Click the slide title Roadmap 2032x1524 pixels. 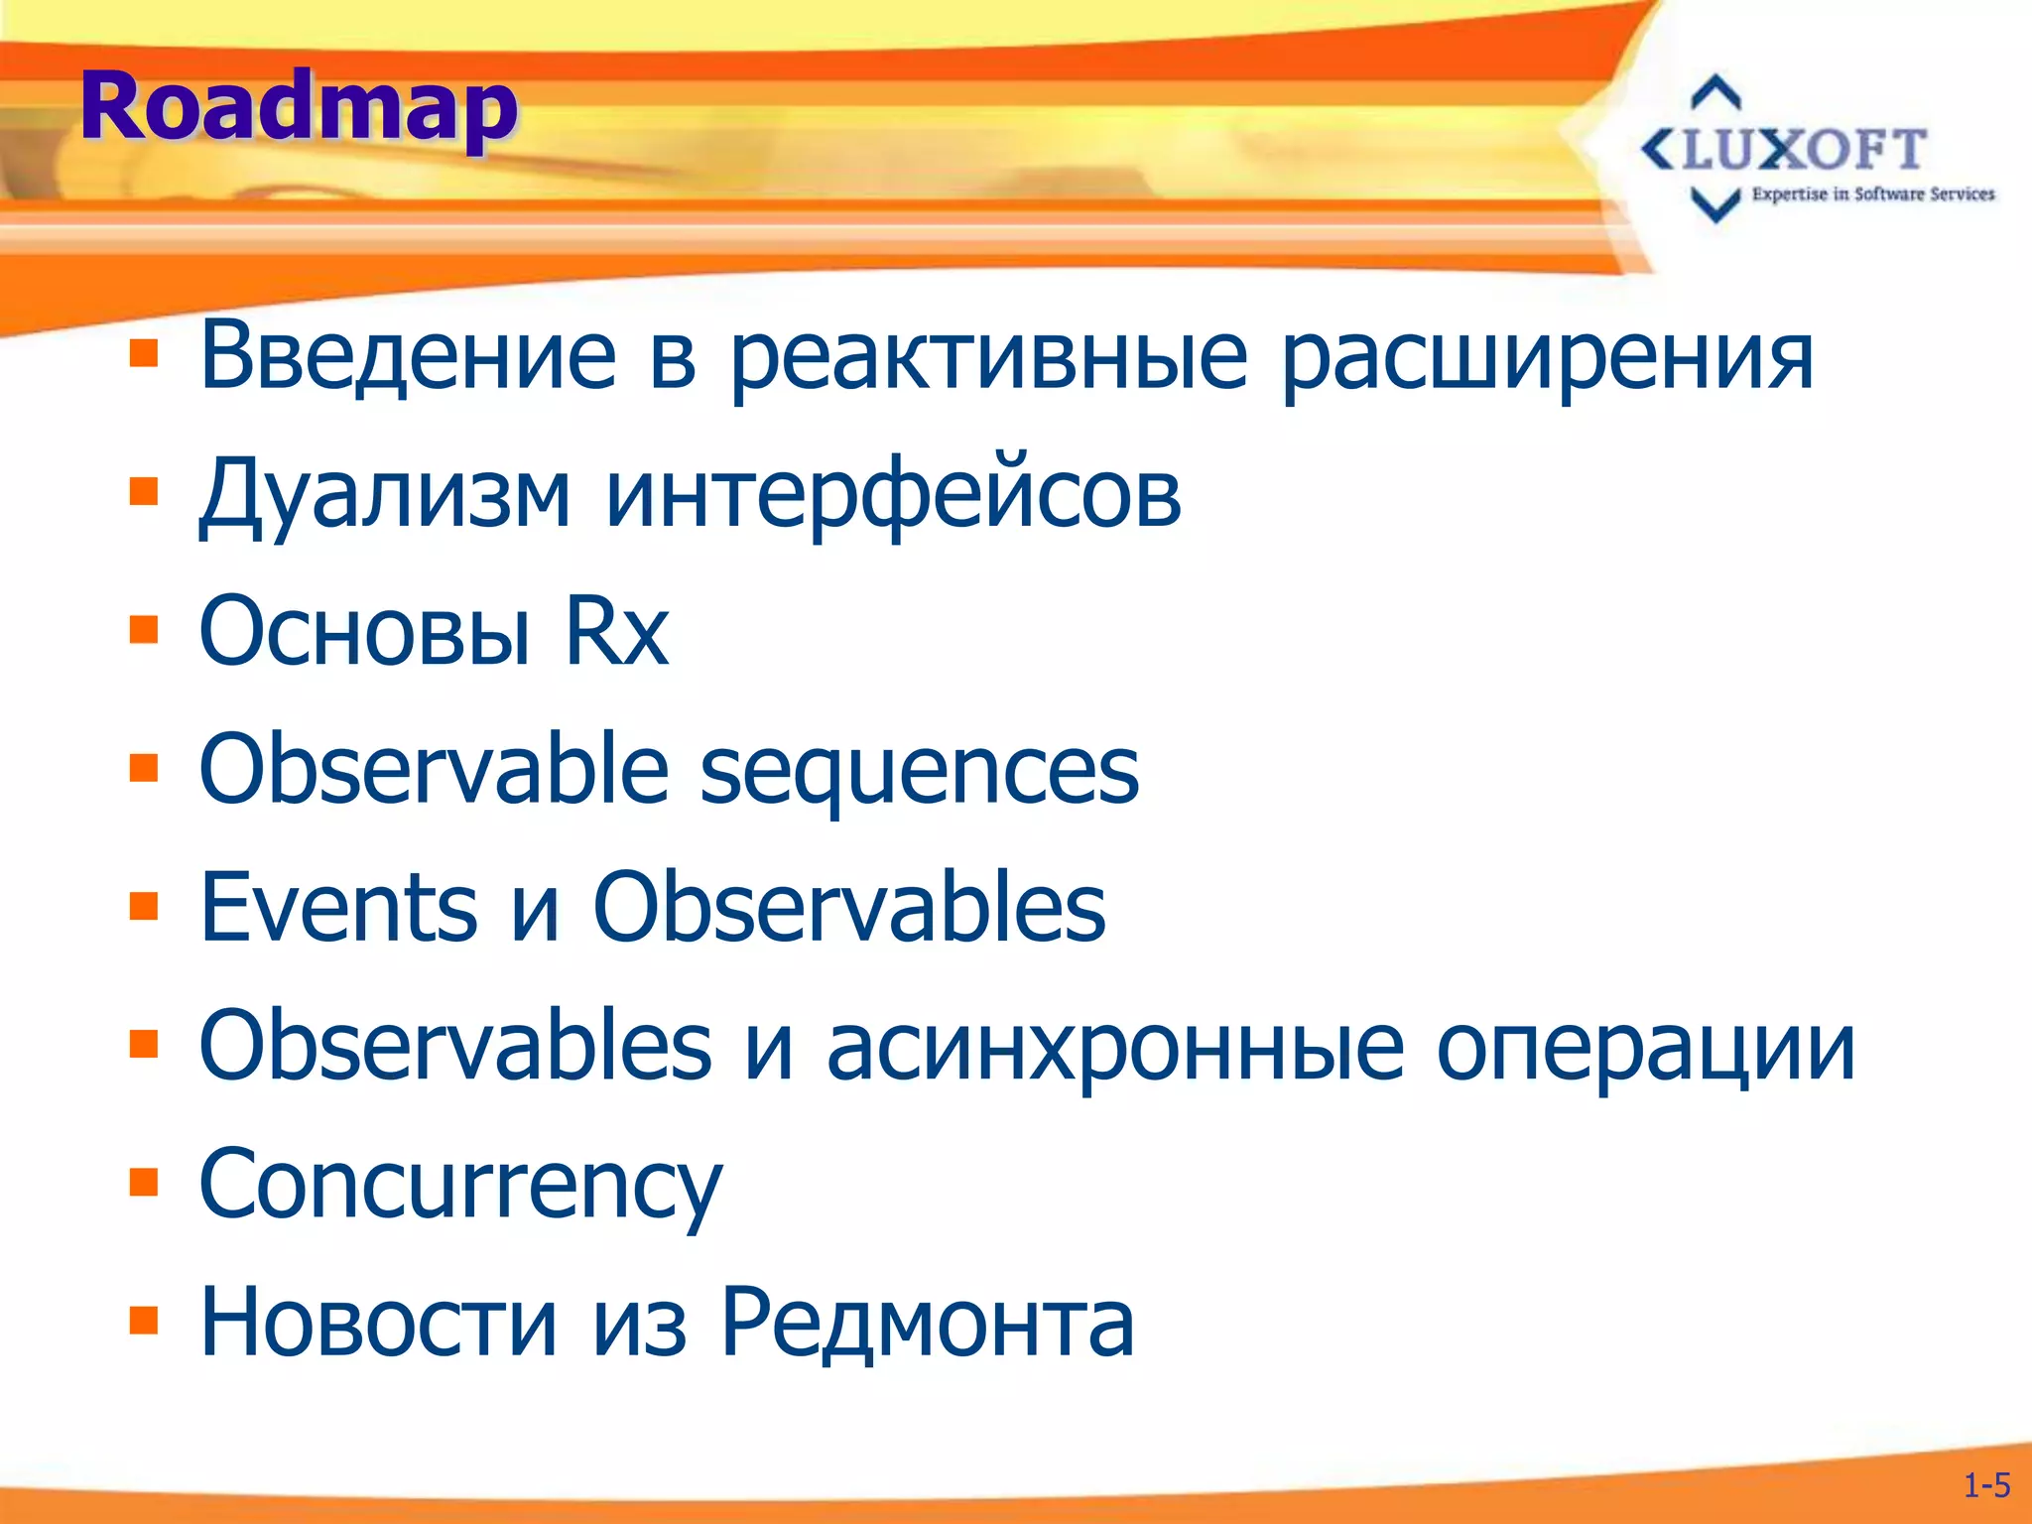(298, 107)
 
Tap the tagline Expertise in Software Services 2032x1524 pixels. (1872, 194)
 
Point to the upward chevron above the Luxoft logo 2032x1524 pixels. (1715, 92)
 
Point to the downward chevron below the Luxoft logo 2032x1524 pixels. (1715, 205)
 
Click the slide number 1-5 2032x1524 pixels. (1986, 1485)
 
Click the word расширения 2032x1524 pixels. (1548, 357)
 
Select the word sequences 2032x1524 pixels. (919, 772)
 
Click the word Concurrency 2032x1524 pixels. (460, 1187)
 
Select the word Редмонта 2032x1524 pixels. (927, 1324)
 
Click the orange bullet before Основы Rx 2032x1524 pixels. (144, 631)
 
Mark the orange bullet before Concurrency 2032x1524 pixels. (144, 1183)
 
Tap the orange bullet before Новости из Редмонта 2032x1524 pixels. (144, 1322)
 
